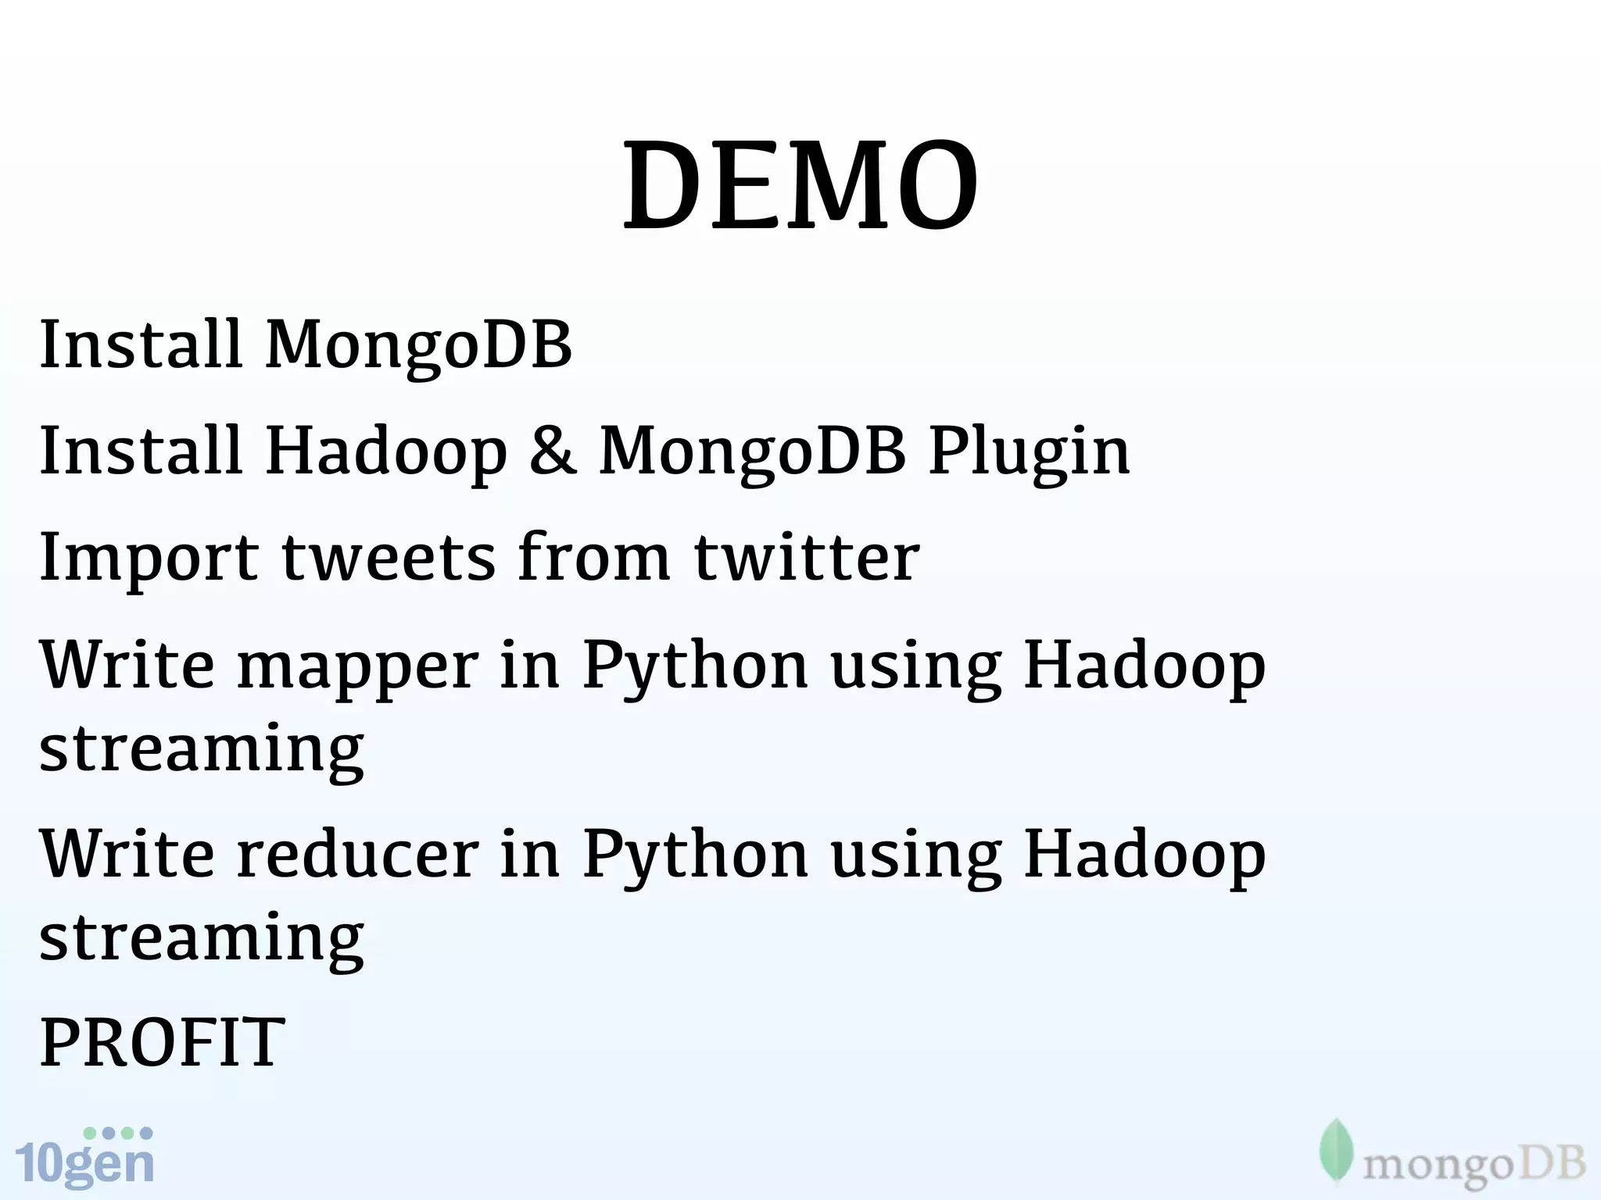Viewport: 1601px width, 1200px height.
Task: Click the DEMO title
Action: pyautogui.click(x=800, y=186)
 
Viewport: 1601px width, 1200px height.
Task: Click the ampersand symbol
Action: pyautogui.click(x=552, y=451)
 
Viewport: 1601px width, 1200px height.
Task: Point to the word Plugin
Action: pyautogui.click(x=1029, y=451)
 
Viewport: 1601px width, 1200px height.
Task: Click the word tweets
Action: pyautogui.click(x=389, y=558)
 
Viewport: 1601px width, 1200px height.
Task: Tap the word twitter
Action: pyautogui.click(x=807, y=558)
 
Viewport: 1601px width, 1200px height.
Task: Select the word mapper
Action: pyautogui.click(x=357, y=666)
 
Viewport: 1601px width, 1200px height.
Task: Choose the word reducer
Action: pyautogui.click(x=357, y=854)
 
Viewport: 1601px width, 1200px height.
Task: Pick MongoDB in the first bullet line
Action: pyautogui.click(x=418, y=345)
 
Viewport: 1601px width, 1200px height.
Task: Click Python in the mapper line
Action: pyautogui.click(x=695, y=666)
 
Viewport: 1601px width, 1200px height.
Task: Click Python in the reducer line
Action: pyautogui.click(x=695, y=854)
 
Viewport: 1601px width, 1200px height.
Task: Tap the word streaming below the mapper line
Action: pyautogui.click(x=202, y=748)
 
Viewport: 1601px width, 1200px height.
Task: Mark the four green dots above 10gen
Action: pyautogui.click(x=118, y=1133)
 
